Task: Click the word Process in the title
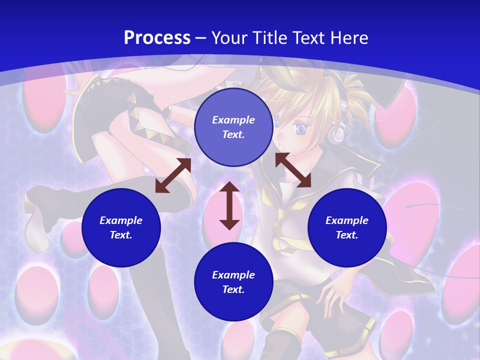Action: pyautogui.click(x=157, y=38)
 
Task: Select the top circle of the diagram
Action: pyautogui.click(x=233, y=127)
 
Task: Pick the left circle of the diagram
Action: pyautogui.click(x=121, y=228)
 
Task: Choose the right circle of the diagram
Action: pyautogui.click(x=347, y=228)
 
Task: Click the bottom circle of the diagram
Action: pyautogui.click(x=233, y=282)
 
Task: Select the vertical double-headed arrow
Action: pyautogui.click(x=229, y=205)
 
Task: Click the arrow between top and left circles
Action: pyautogui.click(x=173, y=175)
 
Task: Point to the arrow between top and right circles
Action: pyautogui.click(x=293, y=170)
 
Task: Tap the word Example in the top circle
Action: pyautogui.click(x=233, y=120)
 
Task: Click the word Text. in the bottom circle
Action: pyautogui.click(x=233, y=289)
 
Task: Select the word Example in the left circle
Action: pyautogui.click(x=121, y=220)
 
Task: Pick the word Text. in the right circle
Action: pyautogui.click(x=347, y=235)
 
